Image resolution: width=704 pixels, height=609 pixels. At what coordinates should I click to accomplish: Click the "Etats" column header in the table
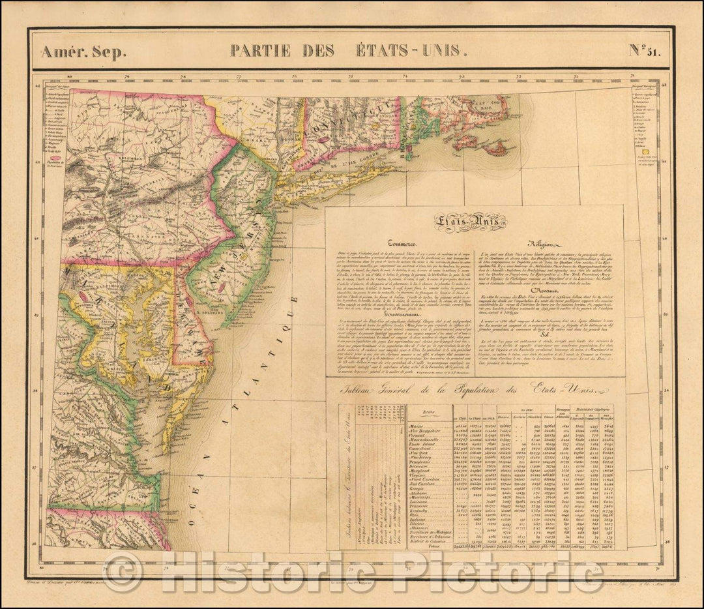coord(427,412)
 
